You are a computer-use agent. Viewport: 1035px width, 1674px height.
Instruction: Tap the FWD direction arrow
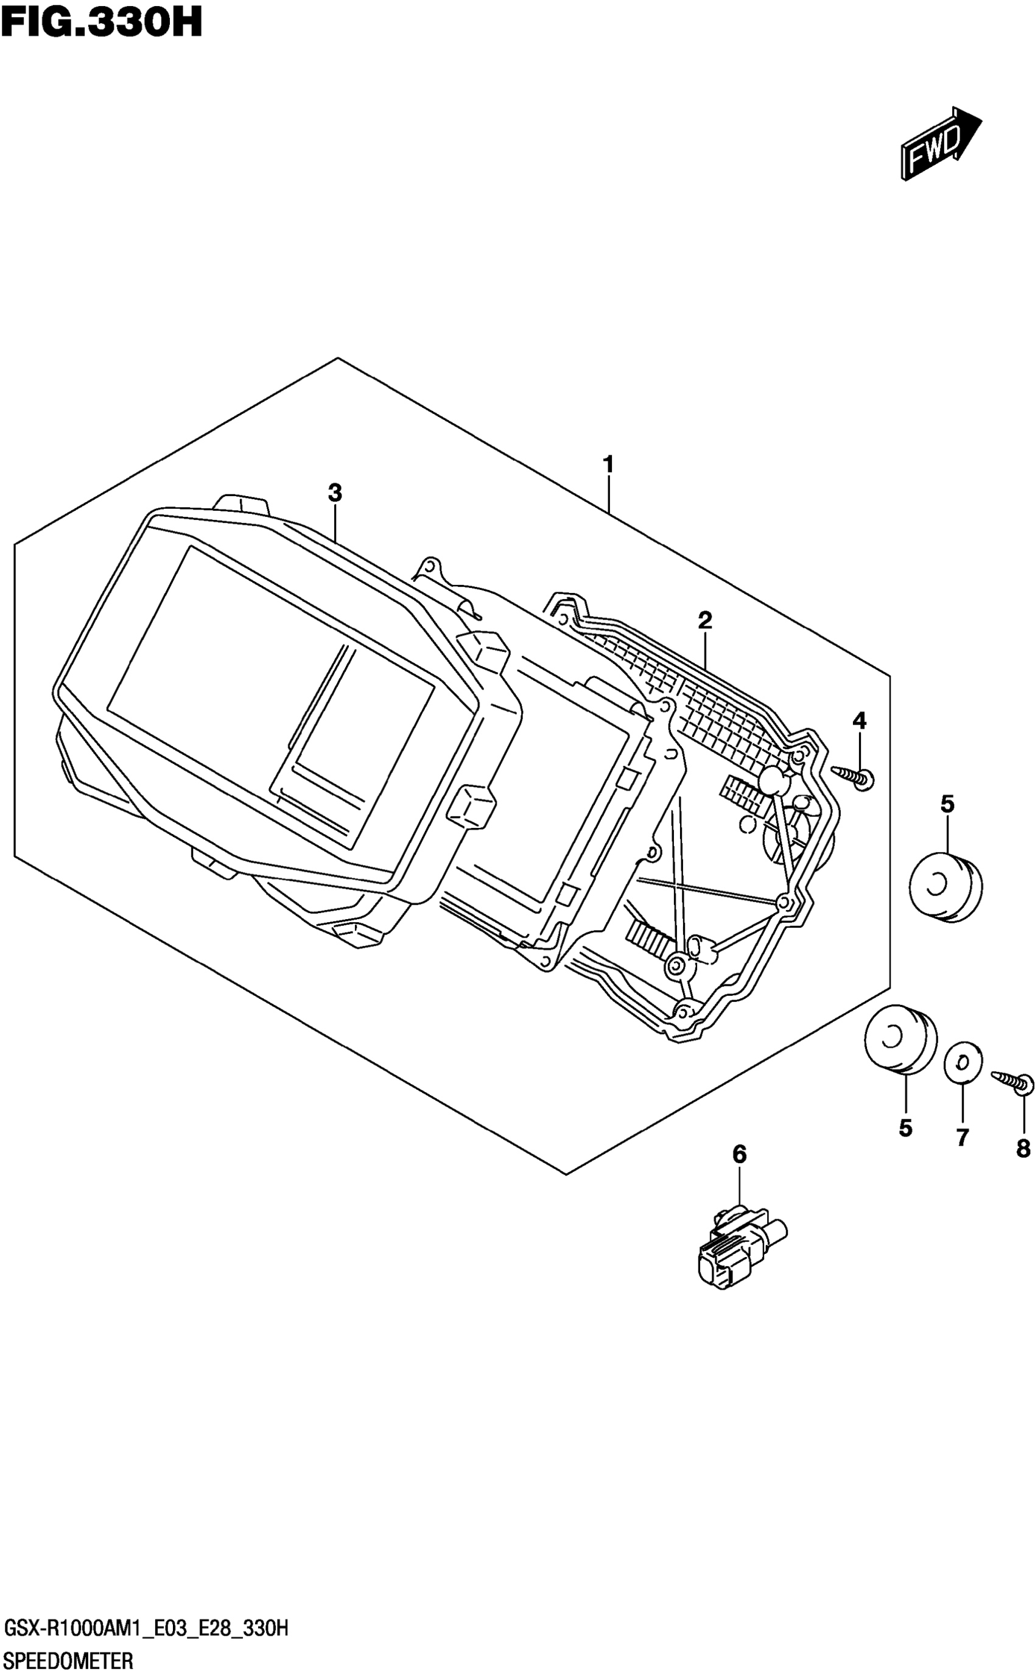coord(940,143)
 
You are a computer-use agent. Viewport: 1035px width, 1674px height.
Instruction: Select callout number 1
coord(608,464)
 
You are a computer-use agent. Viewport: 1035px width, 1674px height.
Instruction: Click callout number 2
coord(705,620)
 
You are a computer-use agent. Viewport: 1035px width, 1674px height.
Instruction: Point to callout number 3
coord(334,492)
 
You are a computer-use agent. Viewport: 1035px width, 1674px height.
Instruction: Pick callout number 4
coord(859,720)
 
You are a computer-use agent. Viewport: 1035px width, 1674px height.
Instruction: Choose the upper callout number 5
coord(947,804)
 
